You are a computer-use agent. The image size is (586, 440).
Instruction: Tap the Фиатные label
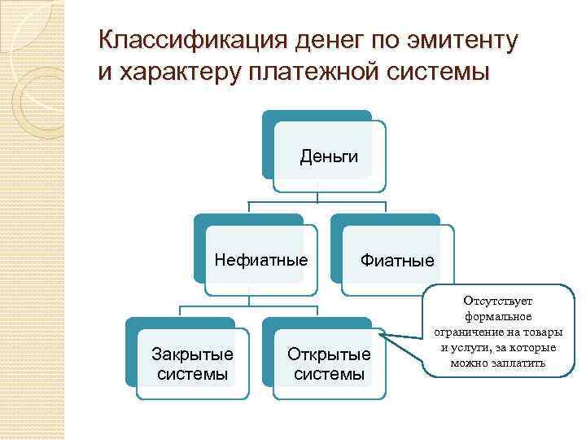397,262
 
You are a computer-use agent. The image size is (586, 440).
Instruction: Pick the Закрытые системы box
193,364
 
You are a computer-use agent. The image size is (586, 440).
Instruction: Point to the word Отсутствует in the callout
498,301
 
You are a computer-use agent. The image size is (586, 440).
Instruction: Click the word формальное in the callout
498,316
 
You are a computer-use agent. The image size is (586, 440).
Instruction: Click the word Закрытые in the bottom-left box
193,354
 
